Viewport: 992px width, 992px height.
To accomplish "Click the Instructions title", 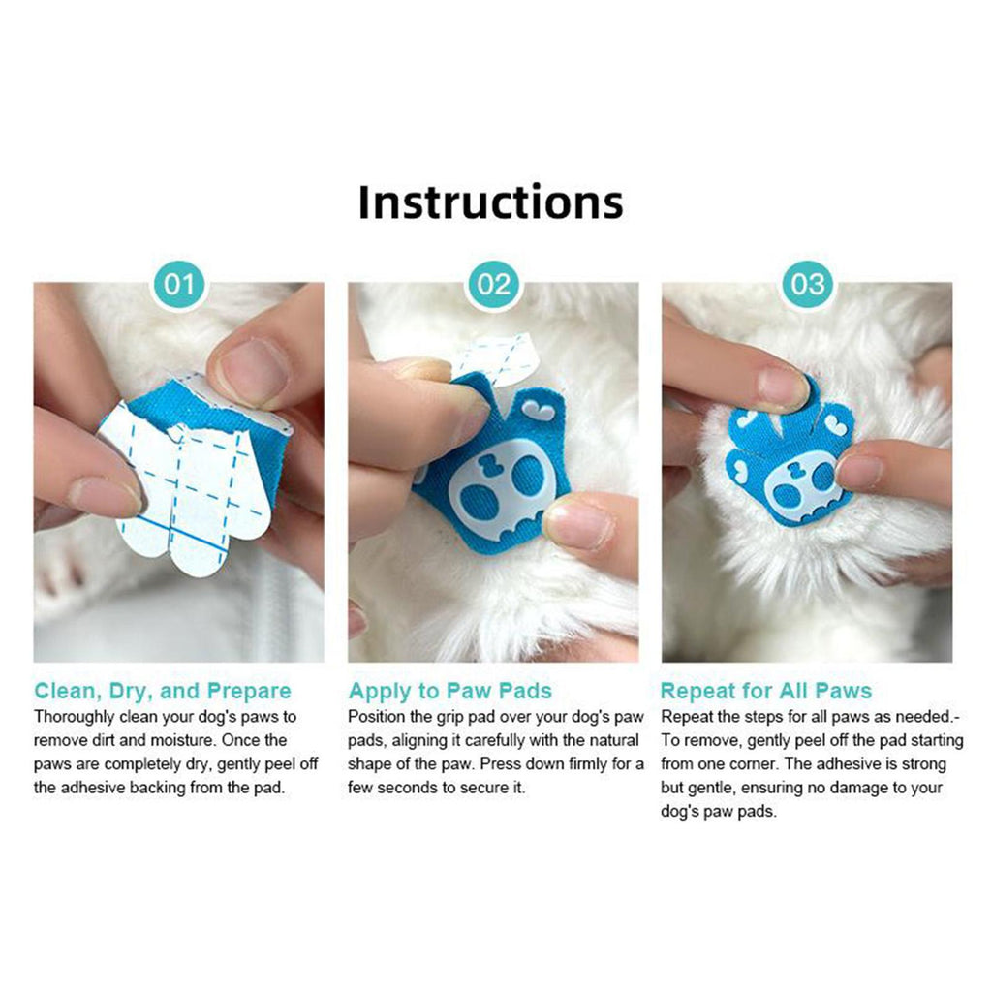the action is click(491, 201).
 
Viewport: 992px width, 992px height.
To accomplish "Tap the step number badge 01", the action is click(179, 284).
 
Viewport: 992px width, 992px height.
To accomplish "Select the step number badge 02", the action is click(493, 284).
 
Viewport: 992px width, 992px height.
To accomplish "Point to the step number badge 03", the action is click(808, 284).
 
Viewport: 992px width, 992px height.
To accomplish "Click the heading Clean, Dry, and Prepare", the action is click(163, 690).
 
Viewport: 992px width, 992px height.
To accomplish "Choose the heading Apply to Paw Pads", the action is click(449, 690).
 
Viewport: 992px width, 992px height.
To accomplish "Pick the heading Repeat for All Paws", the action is click(766, 690).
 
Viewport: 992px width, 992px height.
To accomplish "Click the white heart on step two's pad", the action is click(540, 412).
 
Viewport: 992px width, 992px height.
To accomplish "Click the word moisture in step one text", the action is click(182, 740).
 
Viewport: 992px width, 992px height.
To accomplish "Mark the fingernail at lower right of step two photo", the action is click(578, 522).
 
